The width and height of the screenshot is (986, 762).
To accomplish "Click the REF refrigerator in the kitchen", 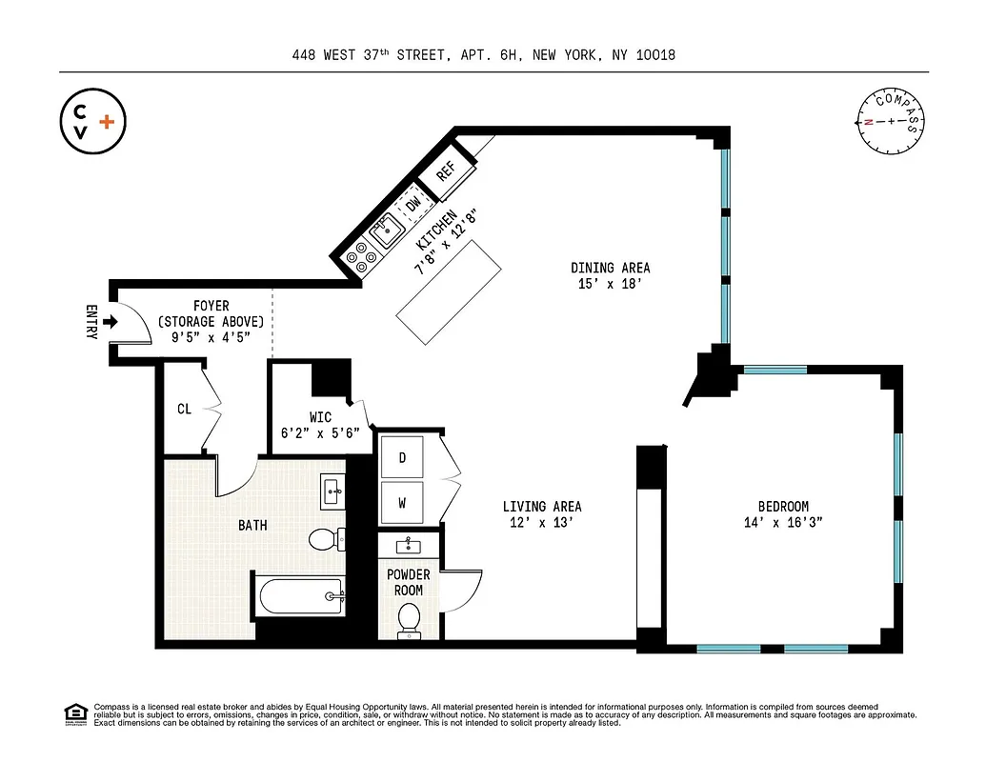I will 445,171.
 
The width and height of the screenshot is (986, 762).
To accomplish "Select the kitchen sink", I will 387,230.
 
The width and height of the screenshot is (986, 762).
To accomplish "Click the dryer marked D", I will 402,458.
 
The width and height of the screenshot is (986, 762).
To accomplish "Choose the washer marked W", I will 402,503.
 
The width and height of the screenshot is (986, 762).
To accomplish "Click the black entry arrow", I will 110,322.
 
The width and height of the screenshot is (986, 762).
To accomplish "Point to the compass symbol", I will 892,121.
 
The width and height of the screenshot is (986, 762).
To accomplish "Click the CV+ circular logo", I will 92,121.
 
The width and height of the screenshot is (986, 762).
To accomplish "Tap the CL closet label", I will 184,410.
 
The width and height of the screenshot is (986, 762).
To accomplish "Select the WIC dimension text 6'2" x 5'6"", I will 320,432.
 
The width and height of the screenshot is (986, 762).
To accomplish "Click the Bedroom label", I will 782,507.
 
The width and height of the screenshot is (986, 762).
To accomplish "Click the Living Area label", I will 542,507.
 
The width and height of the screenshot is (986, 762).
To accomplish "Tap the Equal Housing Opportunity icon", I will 74,713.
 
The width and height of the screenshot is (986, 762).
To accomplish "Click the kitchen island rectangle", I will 451,293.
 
